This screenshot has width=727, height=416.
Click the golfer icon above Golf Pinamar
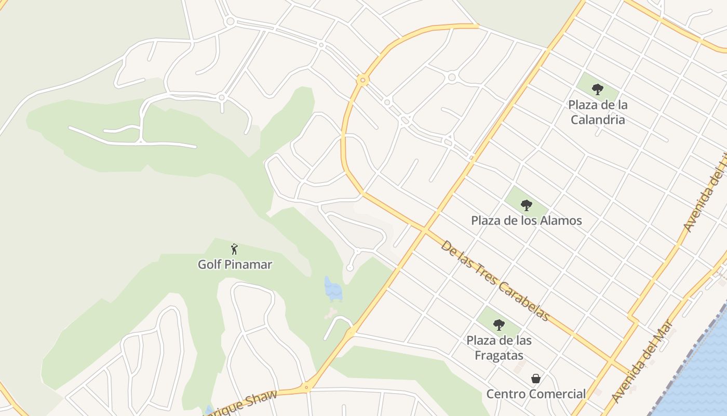click(x=234, y=249)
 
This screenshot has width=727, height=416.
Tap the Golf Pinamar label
click(x=235, y=264)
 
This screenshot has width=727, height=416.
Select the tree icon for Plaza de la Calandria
click(x=598, y=89)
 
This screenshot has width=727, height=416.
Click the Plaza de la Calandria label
click(x=598, y=112)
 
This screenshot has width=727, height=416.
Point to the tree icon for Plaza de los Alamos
click(x=527, y=205)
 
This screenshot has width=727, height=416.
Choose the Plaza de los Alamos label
click(x=527, y=220)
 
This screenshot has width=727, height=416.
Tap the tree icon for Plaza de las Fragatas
click(x=499, y=325)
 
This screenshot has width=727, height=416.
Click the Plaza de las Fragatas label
click(x=499, y=348)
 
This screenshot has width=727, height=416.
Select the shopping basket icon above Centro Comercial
click(x=536, y=379)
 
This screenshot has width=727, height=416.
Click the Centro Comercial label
click(x=536, y=394)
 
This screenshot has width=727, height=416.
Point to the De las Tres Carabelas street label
click(x=495, y=281)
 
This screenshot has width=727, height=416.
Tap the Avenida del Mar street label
click(x=642, y=361)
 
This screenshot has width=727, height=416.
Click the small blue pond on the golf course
click(x=333, y=289)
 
